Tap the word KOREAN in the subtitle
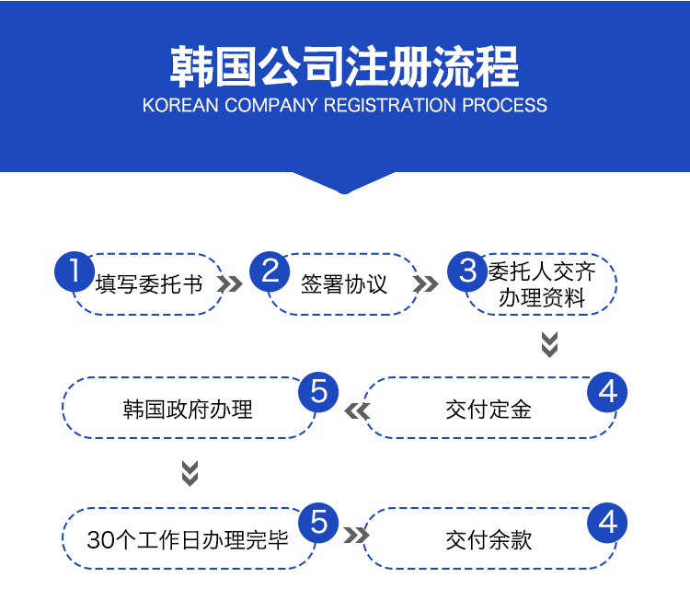pos(181,105)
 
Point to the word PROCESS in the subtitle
pos(504,105)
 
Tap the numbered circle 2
pos(270,271)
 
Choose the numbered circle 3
pos(468,271)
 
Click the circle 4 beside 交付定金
pos(607,392)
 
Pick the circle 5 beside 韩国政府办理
pos(318,392)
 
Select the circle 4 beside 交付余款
pos(607,522)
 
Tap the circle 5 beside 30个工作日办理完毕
pos(318,522)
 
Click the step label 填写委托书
pos(149,283)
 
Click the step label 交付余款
pos(489,538)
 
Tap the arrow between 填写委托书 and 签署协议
pos(230,283)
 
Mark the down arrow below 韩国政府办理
pos(190,472)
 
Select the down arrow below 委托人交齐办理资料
pos(549,344)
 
